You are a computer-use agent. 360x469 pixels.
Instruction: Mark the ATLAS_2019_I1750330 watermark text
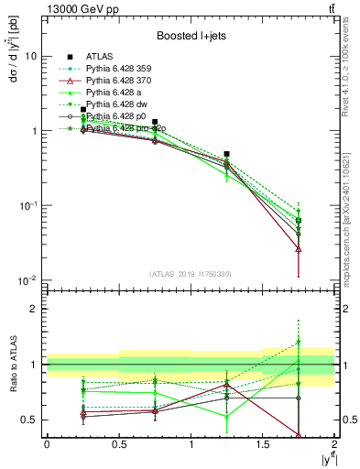pos(190,274)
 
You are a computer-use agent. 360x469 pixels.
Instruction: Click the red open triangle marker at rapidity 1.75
pos(299,248)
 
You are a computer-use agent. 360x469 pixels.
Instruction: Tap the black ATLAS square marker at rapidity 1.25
pos(226,154)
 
